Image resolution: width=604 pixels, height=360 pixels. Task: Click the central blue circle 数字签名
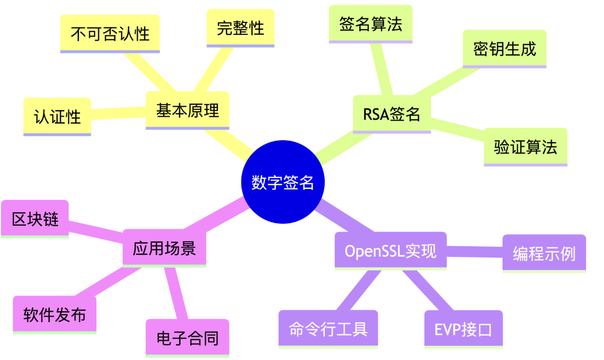pyautogui.click(x=283, y=182)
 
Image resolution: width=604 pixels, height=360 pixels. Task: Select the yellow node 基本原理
pyautogui.click(x=188, y=110)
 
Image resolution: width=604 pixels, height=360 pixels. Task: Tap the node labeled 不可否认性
pyautogui.click(x=110, y=33)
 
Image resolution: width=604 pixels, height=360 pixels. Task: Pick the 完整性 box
pyautogui.click(x=240, y=28)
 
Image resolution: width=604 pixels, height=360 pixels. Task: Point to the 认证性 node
pyautogui.click(x=57, y=116)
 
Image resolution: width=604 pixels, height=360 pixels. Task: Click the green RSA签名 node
pyautogui.click(x=392, y=114)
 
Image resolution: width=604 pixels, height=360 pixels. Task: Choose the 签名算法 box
pyautogui.click(x=371, y=24)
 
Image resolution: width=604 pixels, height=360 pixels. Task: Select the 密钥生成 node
pyautogui.click(x=504, y=49)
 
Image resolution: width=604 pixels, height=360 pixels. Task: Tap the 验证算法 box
pyautogui.click(x=525, y=147)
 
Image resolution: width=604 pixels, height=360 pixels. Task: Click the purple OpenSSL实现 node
pyautogui.click(x=391, y=251)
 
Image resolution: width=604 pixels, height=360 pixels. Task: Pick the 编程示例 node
pyautogui.click(x=544, y=253)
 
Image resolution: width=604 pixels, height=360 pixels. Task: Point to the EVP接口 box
pyautogui.click(x=463, y=329)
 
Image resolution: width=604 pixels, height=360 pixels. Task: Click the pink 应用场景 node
pyautogui.click(x=164, y=248)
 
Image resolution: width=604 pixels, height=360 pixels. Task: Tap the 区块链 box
pyautogui.click(x=35, y=218)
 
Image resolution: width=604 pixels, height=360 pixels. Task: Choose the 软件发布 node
pyautogui.click(x=54, y=314)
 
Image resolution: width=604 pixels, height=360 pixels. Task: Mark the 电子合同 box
pyautogui.click(x=187, y=338)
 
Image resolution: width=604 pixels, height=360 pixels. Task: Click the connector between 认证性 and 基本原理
pyautogui.click(x=118, y=112)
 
